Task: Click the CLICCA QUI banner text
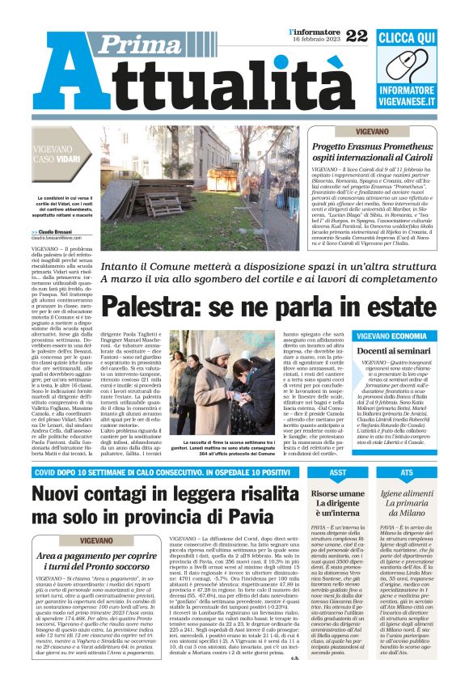[418, 38]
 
